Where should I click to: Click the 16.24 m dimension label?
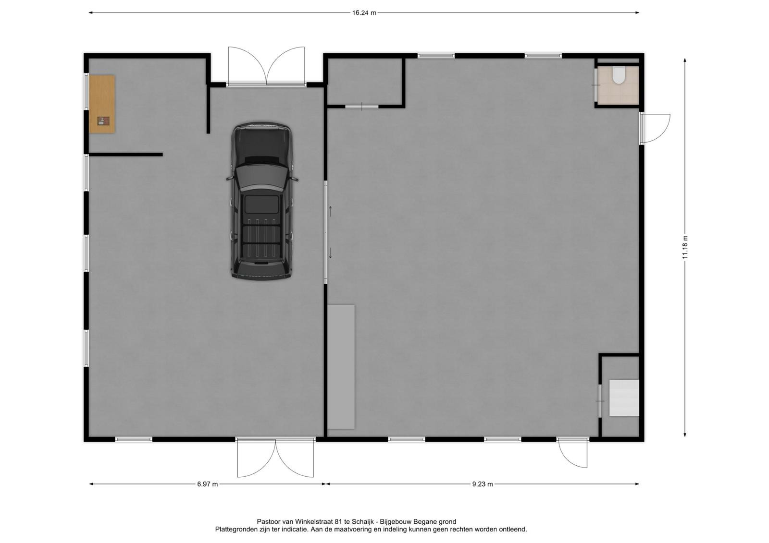tap(364, 13)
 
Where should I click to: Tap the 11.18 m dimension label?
tap(685, 247)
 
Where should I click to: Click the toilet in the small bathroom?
tap(619, 75)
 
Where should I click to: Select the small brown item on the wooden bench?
tap(103, 121)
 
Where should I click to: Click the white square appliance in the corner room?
tap(624, 398)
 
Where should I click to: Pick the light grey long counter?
tap(341, 367)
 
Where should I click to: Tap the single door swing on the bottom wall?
tap(572, 453)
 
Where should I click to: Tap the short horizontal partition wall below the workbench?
tap(125, 155)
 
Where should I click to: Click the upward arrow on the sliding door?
tap(330, 211)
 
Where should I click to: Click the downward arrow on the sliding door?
tap(330, 253)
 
